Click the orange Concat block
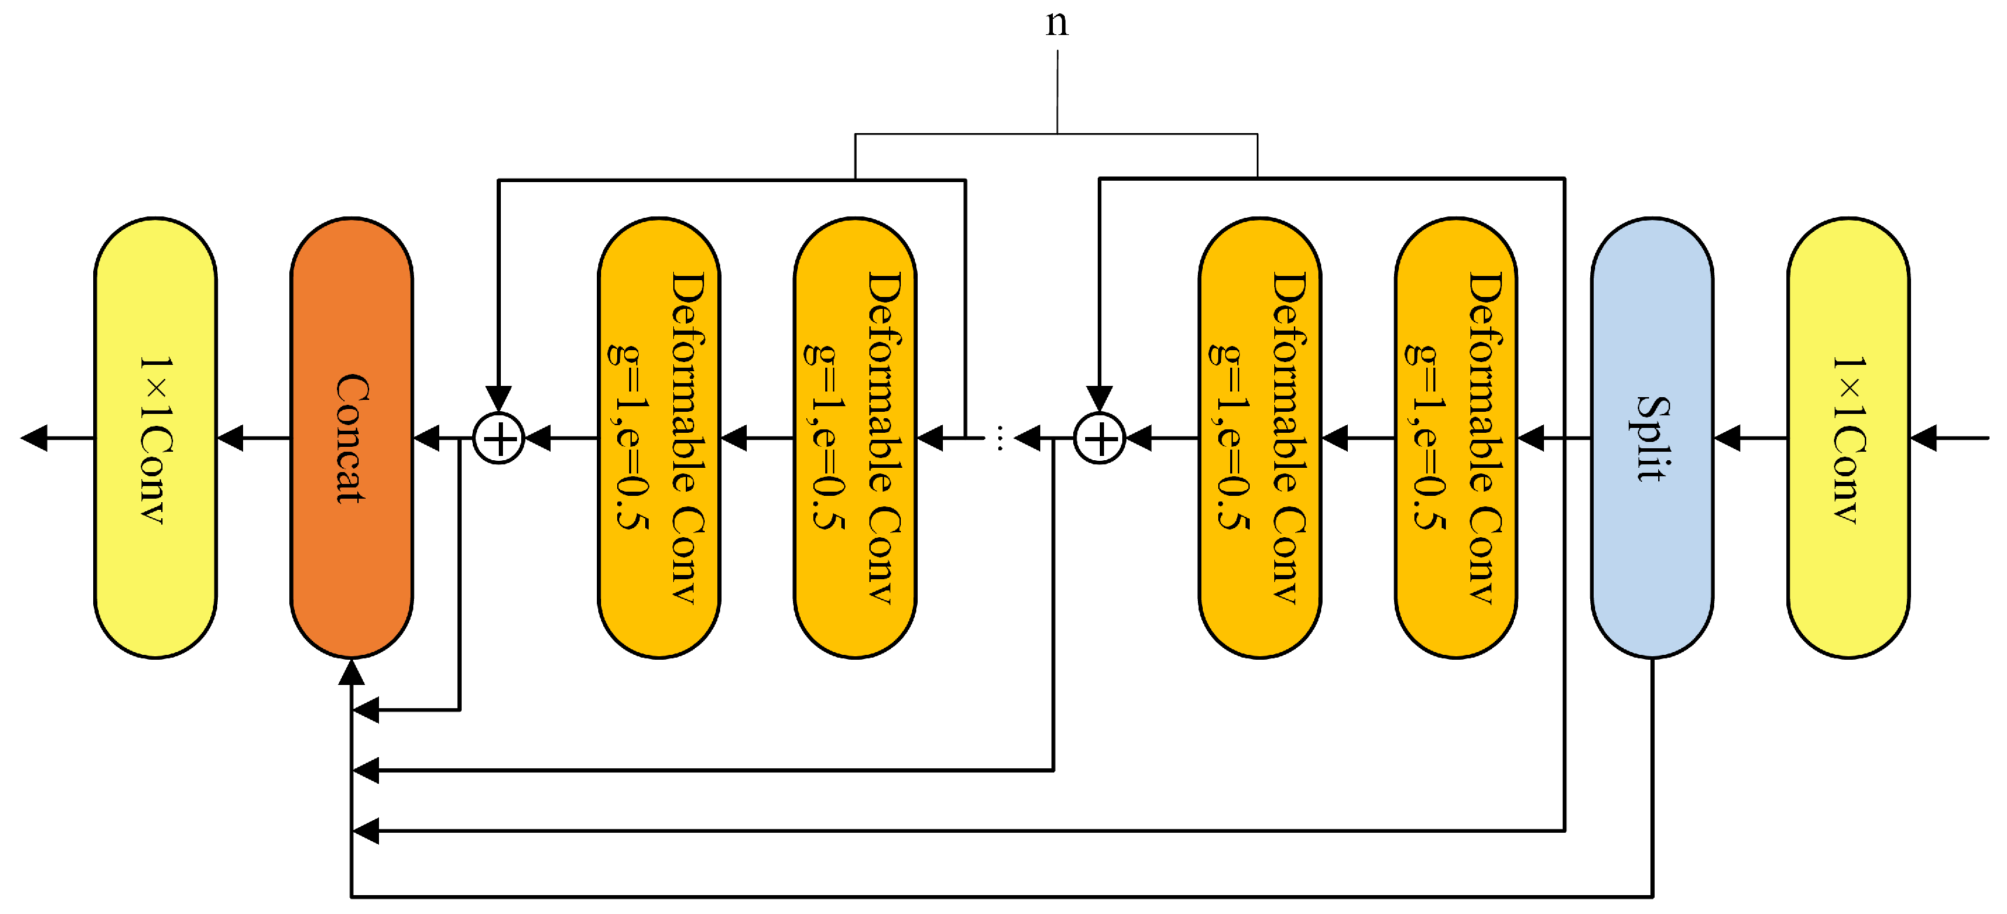click(x=352, y=438)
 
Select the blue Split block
click(x=1651, y=438)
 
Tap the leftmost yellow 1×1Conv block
click(x=155, y=438)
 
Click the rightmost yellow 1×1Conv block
click(x=1847, y=438)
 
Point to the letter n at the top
click(x=1056, y=23)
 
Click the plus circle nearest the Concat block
click(x=499, y=438)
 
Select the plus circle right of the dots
click(x=1098, y=438)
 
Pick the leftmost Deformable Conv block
click(x=658, y=438)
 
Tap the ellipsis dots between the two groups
click(x=1000, y=438)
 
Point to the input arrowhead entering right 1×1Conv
click(x=1923, y=438)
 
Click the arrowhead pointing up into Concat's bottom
click(x=352, y=672)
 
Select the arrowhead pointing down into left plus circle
click(x=499, y=397)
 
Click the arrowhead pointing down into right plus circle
click(x=1098, y=397)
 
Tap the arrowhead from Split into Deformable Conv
click(x=1530, y=438)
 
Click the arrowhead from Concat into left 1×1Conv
click(x=230, y=438)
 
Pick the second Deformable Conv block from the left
click(x=855, y=438)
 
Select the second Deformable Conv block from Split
click(x=1259, y=438)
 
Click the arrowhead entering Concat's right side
click(x=426, y=438)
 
